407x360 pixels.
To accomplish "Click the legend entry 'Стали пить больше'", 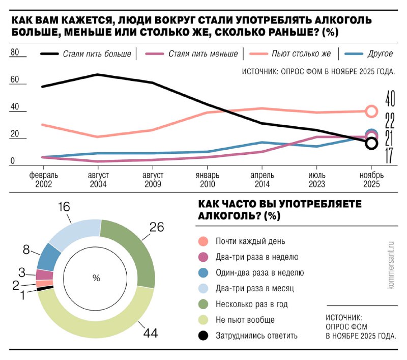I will tap(97, 53).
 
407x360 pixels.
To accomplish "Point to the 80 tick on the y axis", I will tap(14, 52).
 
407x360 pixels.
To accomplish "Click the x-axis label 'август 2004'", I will tap(98, 180).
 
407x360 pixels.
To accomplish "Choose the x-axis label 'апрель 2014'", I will tap(261, 180).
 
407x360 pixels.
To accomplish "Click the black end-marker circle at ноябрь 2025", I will tap(371, 144).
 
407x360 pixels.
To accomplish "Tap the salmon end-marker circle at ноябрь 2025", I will tap(371, 111).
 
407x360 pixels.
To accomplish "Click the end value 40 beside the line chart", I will tap(390, 97).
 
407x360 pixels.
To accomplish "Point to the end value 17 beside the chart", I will tap(390, 156).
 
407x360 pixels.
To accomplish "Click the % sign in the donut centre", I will tap(96, 278).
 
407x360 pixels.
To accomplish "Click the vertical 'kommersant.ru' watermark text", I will tap(391, 265).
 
